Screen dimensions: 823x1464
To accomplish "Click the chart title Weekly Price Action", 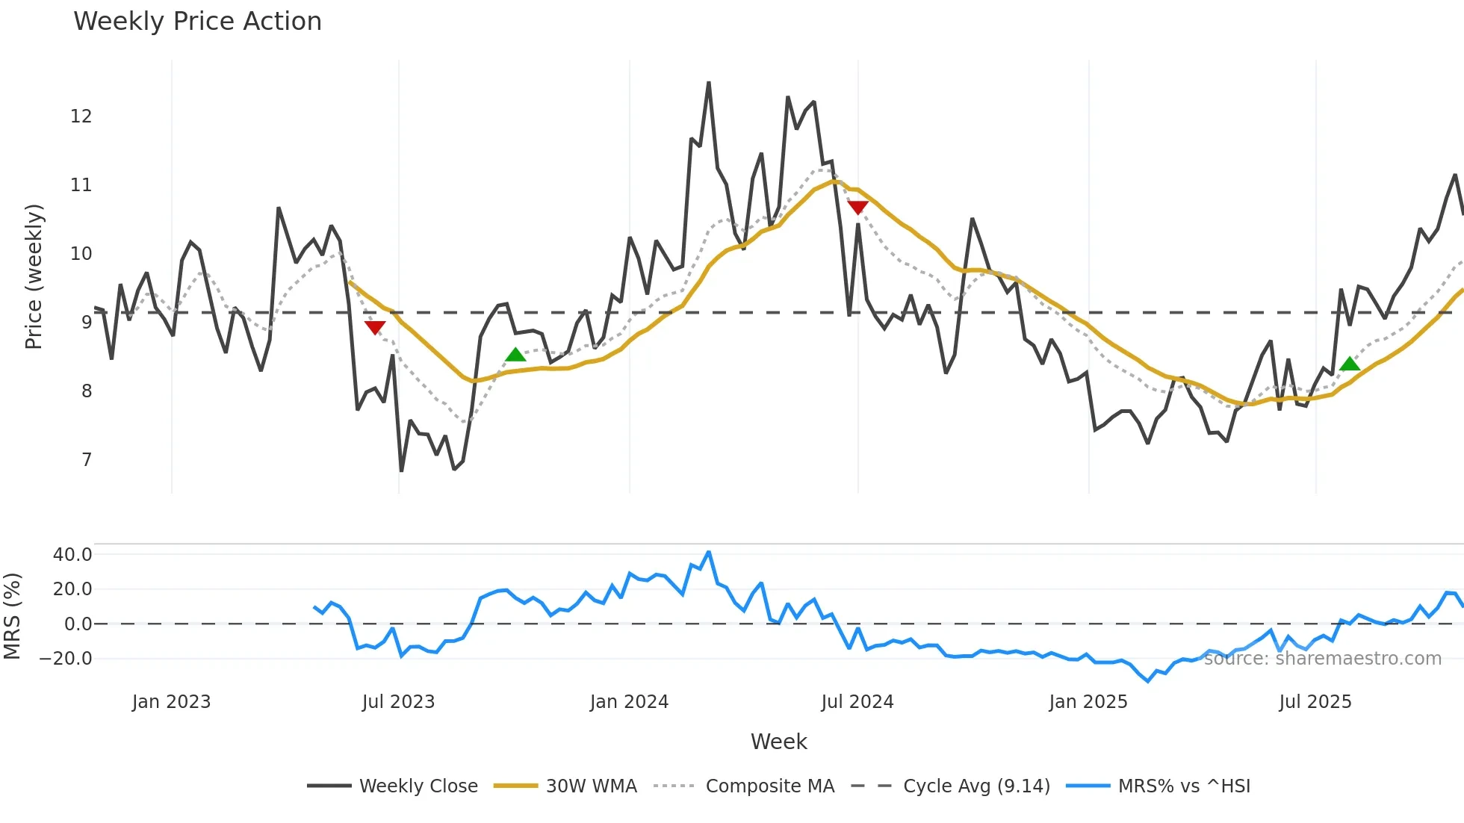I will [x=197, y=22].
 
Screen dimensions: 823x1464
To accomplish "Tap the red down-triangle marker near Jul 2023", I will [x=375, y=327].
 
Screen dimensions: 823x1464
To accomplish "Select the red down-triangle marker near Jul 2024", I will [x=857, y=207].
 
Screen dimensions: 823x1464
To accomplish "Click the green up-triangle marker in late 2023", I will [x=515, y=355].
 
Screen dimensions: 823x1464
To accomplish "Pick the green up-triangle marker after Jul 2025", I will [x=1350, y=364].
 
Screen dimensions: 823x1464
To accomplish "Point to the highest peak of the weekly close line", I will [x=708, y=83].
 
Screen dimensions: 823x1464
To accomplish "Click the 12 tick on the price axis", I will [x=81, y=117].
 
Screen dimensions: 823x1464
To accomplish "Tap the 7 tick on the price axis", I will [x=87, y=460].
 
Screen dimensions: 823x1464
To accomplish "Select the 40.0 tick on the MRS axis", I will [x=72, y=555].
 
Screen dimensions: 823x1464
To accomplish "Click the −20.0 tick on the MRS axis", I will [x=66, y=659].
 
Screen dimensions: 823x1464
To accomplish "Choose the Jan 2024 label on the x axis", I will [x=629, y=702].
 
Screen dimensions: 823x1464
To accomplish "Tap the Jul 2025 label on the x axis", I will [x=1315, y=702].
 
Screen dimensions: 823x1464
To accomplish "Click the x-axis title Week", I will [x=778, y=742].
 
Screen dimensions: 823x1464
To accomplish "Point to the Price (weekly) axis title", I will [x=34, y=276].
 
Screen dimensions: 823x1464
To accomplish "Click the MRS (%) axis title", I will [x=12, y=616].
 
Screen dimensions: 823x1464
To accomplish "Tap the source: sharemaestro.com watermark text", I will [x=1322, y=659].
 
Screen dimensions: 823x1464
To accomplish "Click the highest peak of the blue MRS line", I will [x=708, y=553].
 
